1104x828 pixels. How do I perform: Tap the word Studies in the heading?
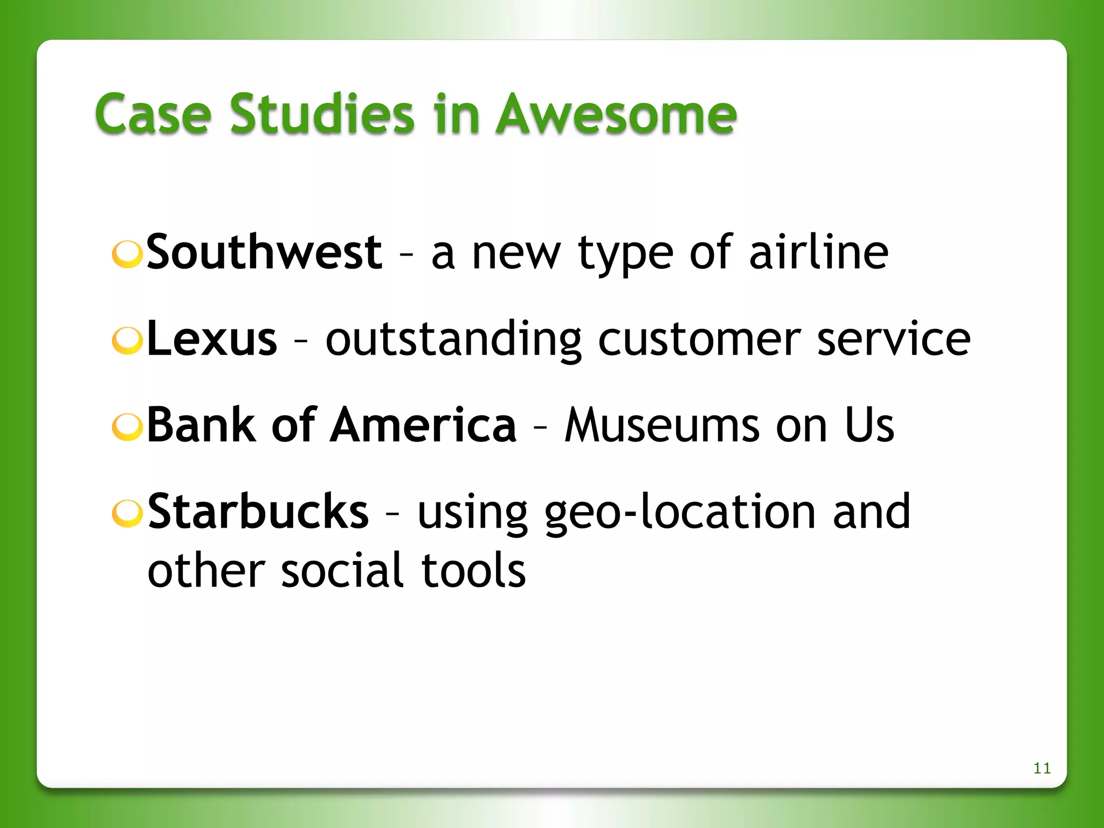pyautogui.click(x=322, y=114)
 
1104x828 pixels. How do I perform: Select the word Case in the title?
pyautogui.click(x=153, y=115)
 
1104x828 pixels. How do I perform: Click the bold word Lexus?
pyautogui.click(x=212, y=339)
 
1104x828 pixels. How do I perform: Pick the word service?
pyautogui.click(x=894, y=340)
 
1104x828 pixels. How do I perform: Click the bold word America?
pyautogui.click(x=424, y=425)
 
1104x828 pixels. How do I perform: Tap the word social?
pyautogui.click(x=342, y=570)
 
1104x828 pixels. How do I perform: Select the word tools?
pyautogui.click(x=473, y=570)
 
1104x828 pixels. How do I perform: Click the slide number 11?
pyautogui.click(x=1041, y=768)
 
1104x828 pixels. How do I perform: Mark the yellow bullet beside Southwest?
pyautogui.click(x=127, y=254)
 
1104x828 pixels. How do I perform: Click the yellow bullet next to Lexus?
pyautogui.click(x=127, y=340)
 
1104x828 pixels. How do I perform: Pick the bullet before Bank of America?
pyautogui.click(x=127, y=426)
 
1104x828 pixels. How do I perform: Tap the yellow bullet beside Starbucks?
pyautogui.click(x=127, y=513)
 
